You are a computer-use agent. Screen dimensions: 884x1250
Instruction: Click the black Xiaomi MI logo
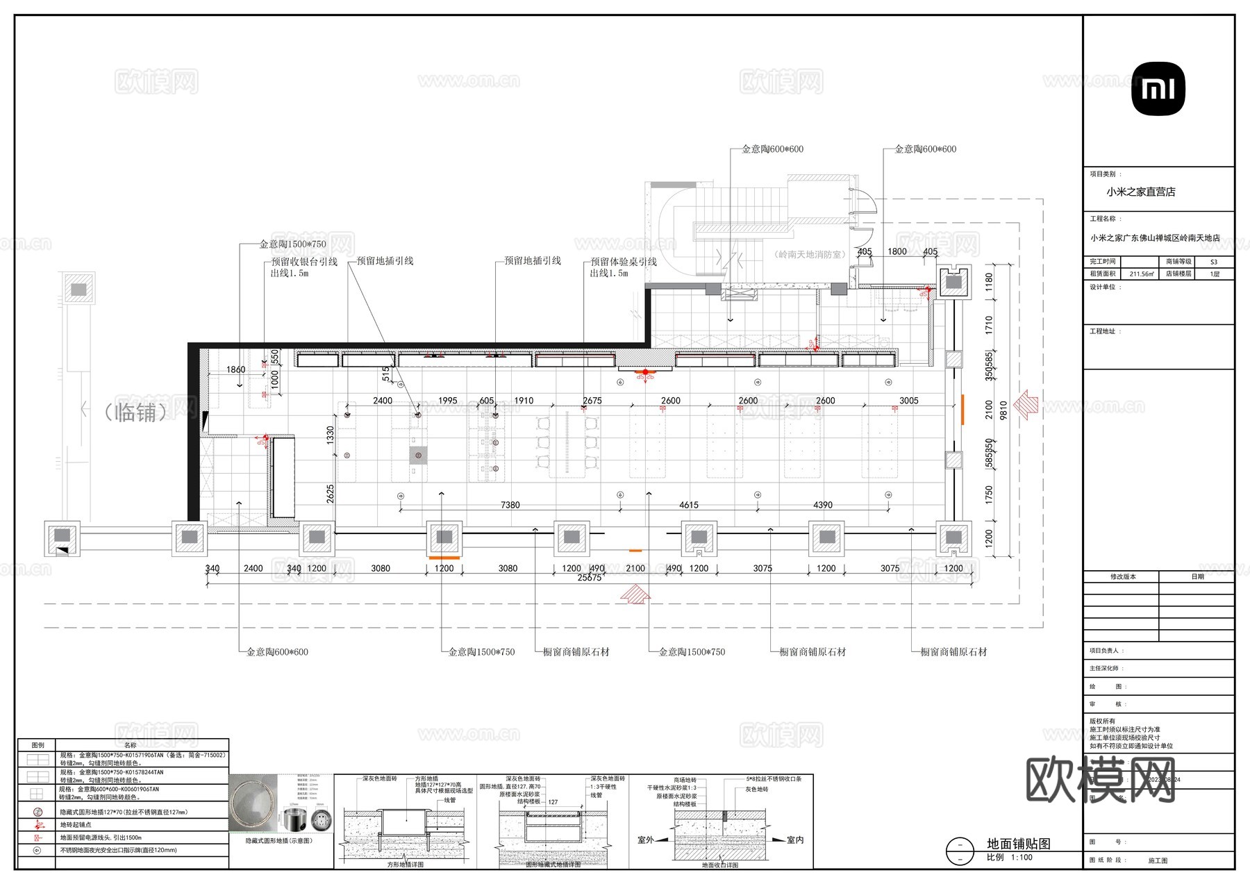click(x=1158, y=89)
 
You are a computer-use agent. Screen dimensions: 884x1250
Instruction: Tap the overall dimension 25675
click(x=590, y=578)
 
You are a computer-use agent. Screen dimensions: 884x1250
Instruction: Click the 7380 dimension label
click(x=510, y=505)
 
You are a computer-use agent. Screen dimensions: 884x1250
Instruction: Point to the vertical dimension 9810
click(x=1003, y=410)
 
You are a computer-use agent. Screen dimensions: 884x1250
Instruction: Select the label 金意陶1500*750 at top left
click(x=292, y=244)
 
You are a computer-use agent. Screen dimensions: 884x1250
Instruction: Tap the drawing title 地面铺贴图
click(x=1018, y=844)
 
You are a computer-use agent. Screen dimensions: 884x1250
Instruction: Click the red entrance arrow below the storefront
click(x=635, y=594)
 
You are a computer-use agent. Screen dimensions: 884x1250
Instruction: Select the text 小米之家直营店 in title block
click(x=1141, y=192)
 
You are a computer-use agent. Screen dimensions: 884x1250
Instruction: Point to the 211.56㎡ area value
click(x=1142, y=274)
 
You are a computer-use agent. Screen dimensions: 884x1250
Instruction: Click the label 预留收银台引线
click(x=304, y=262)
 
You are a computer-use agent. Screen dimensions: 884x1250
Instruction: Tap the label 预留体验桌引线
click(x=623, y=262)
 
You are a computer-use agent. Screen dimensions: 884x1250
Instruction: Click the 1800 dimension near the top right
click(x=897, y=251)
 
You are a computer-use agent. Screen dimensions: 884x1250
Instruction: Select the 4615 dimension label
click(x=688, y=505)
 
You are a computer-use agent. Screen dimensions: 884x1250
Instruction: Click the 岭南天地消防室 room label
click(x=810, y=255)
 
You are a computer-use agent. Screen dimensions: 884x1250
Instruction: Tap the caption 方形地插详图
click(x=405, y=865)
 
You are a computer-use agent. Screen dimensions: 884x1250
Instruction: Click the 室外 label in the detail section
click(x=646, y=840)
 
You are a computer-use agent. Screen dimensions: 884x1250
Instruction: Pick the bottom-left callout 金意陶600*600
click(x=277, y=652)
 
